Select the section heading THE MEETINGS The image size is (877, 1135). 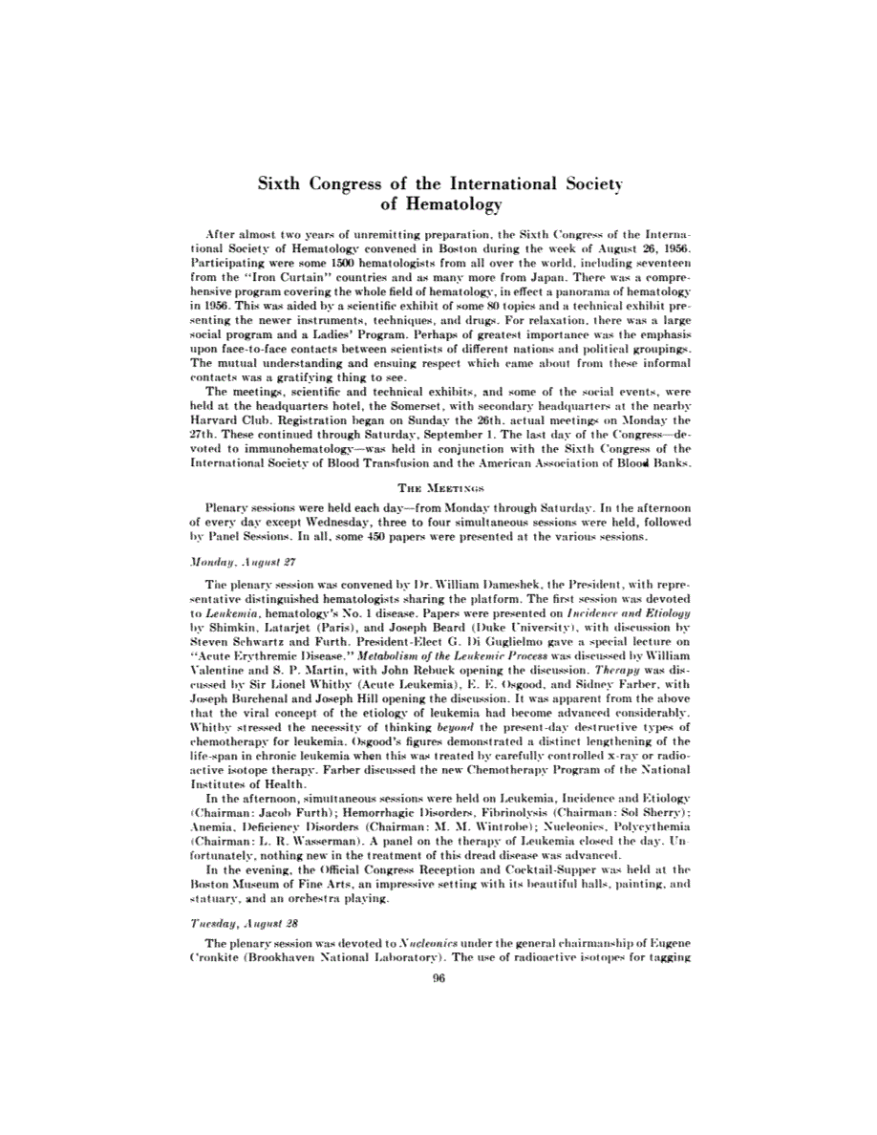click(x=438, y=486)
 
